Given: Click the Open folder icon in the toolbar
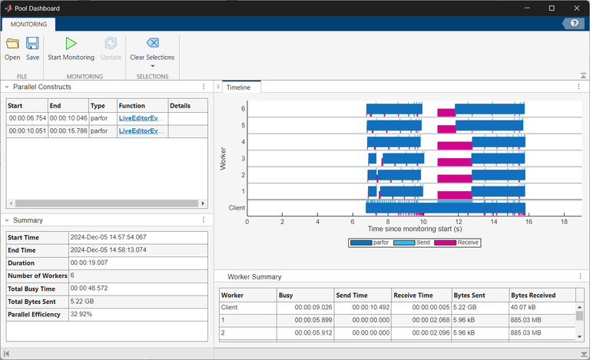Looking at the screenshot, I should click(x=12, y=44).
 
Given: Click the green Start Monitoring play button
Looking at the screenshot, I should click(x=71, y=44).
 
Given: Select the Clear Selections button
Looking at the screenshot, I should click(x=152, y=44).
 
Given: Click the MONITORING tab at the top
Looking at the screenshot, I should click(x=28, y=24).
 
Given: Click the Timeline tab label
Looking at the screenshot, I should click(x=239, y=88).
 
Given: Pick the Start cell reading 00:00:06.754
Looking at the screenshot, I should click(x=26, y=118).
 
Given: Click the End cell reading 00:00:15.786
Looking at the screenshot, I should click(x=68, y=131).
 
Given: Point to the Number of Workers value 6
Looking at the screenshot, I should click(x=72, y=276).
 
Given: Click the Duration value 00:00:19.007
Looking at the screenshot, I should click(x=90, y=263).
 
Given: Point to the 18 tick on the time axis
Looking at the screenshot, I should click(x=565, y=221).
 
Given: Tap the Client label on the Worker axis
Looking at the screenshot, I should click(x=237, y=207).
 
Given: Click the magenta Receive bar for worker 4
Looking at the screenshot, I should click(x=454, y=145).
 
